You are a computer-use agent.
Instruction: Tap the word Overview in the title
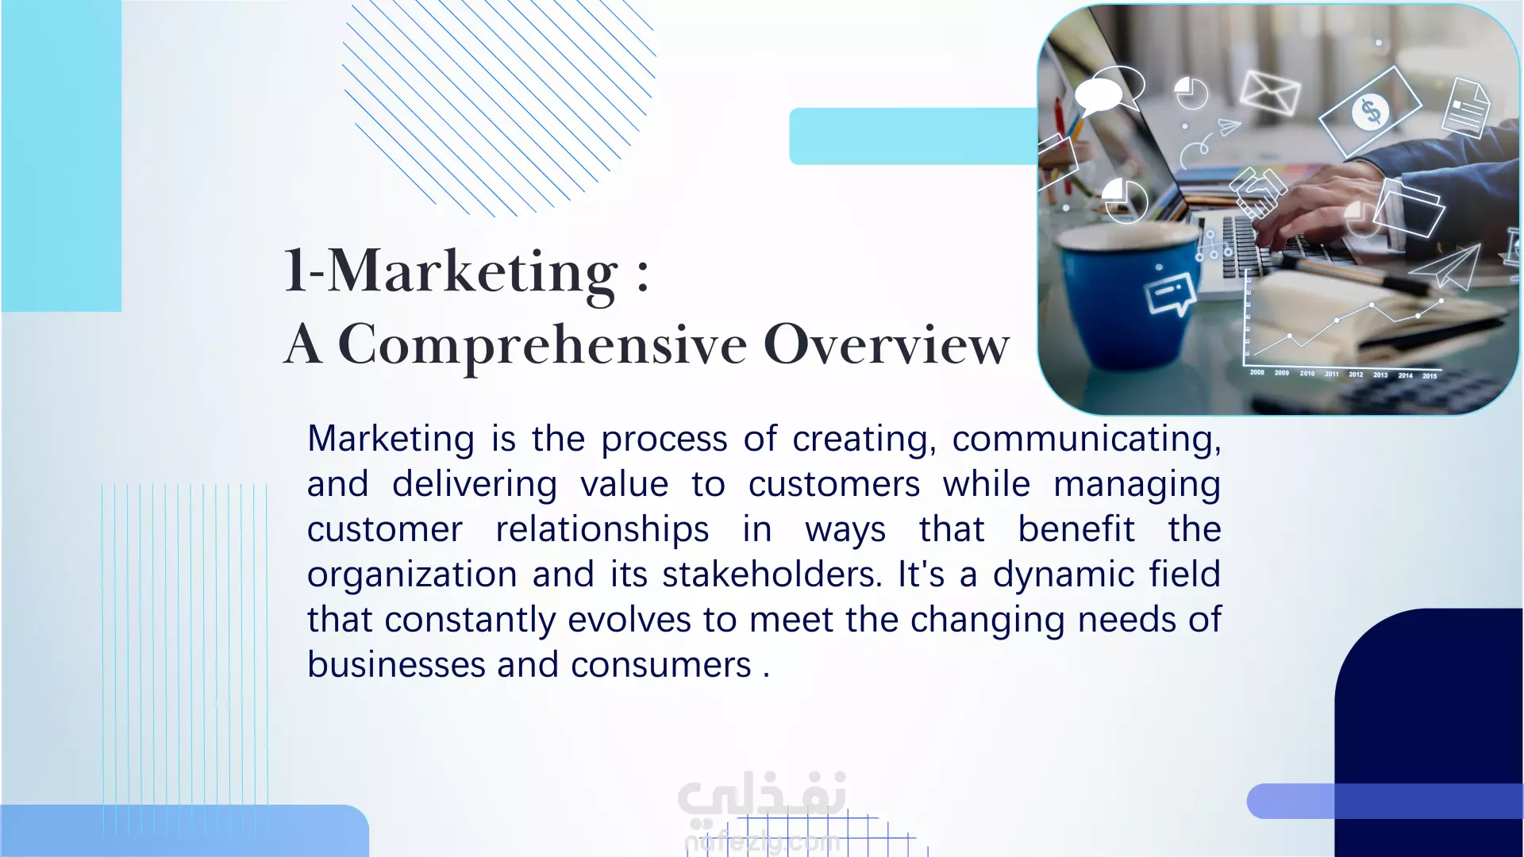pos(887,344)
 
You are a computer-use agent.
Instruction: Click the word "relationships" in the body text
pos(602,530)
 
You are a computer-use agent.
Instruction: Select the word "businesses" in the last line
pos(395,665)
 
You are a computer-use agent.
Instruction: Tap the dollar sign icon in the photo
pos(1371,111)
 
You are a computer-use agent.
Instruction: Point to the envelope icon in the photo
pos(1270,92)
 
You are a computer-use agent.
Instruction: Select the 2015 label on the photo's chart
pos(1430,376)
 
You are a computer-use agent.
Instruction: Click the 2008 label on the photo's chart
pos(1257,372)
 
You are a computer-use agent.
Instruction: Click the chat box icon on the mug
pos(1171,293)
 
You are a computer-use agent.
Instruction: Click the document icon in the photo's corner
pos(1466,107)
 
